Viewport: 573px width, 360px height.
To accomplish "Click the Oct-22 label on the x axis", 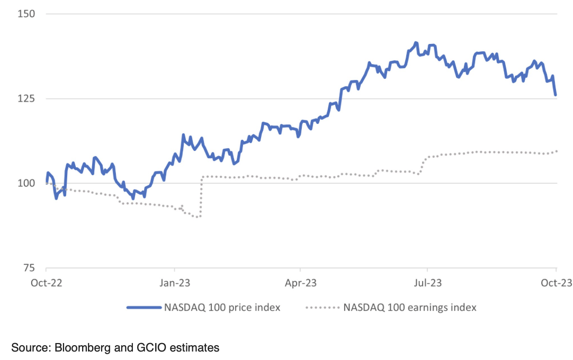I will (x=46, y=283).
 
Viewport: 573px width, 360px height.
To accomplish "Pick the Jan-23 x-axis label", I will (x=174, y=283).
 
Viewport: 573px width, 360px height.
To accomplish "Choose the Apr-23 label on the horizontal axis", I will (x=300, y=283).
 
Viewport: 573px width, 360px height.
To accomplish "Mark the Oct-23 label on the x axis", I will (x=555, y=283).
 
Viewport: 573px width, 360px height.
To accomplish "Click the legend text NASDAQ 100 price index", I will (x=222, y=307).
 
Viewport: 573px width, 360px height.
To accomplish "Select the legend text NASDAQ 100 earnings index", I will (x=410, y=307).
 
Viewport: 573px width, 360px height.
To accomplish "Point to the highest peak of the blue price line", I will (x=416, y=43).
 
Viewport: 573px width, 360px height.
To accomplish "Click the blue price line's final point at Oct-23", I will (x=556, y=95).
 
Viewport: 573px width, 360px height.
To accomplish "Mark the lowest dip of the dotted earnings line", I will (x=198, y=217).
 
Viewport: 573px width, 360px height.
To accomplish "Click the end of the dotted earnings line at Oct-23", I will (x=556, y=151).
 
